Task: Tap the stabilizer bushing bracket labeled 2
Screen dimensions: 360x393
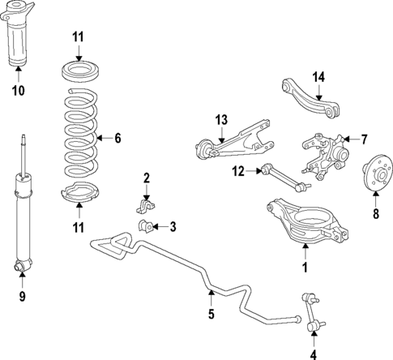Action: (x=144, y=204)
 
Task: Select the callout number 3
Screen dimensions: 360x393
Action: (x=173, y=227)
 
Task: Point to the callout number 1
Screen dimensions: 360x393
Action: (x=305, y=265)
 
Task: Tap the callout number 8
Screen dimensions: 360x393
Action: (x=374, y=215)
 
